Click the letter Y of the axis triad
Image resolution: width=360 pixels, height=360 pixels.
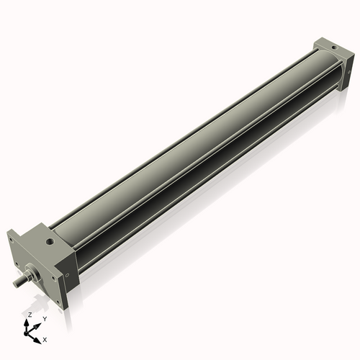45,318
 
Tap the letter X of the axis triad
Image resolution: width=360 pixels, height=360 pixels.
45,338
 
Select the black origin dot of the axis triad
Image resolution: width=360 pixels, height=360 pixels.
28,333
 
